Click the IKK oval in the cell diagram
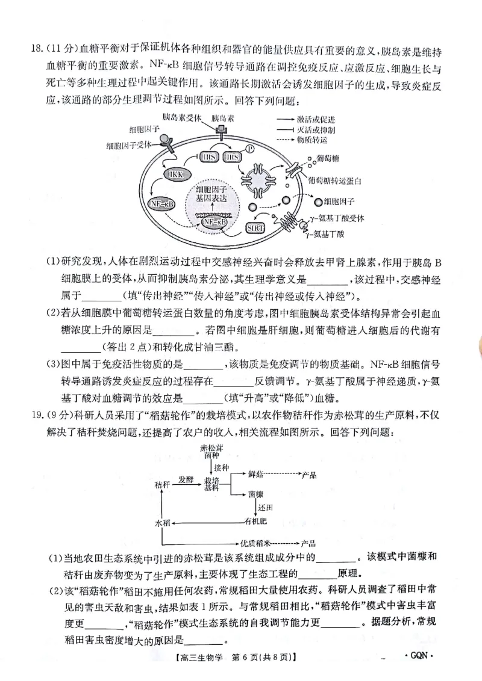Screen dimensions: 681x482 click(175, 174)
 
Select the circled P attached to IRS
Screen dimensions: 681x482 click(249, 148)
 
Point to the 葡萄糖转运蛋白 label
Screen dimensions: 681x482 click(334, 180)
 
